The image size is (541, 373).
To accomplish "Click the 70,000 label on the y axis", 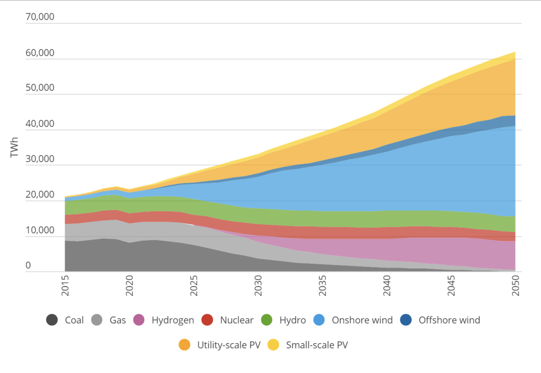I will [x=40, y=17].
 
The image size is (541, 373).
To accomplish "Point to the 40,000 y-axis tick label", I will [x=40, y=123].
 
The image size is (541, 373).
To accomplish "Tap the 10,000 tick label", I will [x=40, y=230].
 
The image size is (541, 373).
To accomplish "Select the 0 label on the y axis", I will [x=28, y=265].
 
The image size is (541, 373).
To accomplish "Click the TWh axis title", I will [x=14, y=147].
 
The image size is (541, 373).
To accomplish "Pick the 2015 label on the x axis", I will [x=65, y=286].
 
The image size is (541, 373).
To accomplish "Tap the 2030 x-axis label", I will [x=258, y=286].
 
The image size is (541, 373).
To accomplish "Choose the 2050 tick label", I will [x=515, y=286].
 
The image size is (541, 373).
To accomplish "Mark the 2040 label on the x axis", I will [x=387, y=286].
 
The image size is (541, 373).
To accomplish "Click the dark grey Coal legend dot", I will [x=52, y=320].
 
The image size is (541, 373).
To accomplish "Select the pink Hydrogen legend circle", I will [x=139, y=320].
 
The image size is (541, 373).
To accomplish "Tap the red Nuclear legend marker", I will [x=207, y=320].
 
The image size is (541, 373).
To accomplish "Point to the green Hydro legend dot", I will [x=267, y=320].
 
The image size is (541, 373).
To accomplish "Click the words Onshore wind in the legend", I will [x=362, y=320].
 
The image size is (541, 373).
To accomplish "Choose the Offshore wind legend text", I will [x=449, y=320].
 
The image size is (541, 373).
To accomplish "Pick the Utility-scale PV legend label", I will [x=229, y=345].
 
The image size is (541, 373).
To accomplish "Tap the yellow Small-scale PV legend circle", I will [x=273, y=345].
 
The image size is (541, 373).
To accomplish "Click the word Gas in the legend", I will [x=117, y=320].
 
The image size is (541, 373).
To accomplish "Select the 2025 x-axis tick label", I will [x=194, y=286].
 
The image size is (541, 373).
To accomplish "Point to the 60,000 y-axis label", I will [x=40, y=53].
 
